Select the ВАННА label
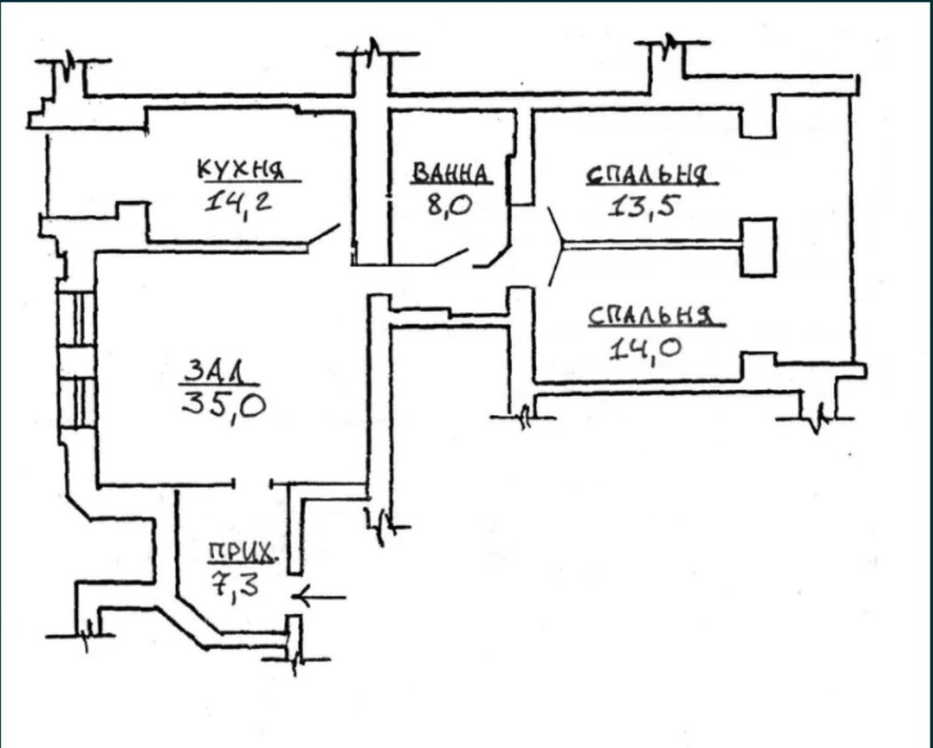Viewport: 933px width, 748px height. coord(451,173)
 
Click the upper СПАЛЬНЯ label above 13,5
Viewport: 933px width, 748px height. coord(651,176)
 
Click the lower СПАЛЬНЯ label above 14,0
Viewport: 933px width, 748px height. coord(653,316)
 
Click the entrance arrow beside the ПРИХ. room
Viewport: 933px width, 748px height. coord(321,597)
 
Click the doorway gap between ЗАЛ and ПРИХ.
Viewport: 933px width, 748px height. coord(252,484)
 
